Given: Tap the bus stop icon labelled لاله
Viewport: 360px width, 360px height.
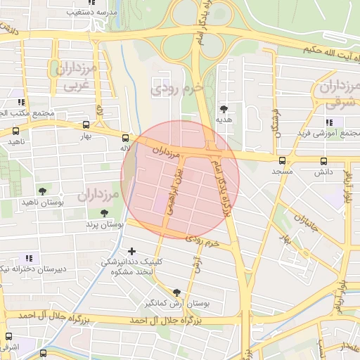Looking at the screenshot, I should [x=125, y=138].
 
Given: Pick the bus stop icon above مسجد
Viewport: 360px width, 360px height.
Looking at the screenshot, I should [x=283, y=160].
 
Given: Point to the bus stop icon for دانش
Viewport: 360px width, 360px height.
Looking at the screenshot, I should [x=323, y=160].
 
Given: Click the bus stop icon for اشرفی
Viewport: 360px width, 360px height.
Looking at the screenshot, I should [x=8, y=336].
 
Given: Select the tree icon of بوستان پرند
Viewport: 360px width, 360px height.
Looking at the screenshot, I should [x=104, y=212].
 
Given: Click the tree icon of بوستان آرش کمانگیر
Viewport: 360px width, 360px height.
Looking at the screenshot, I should [x=176, y=292].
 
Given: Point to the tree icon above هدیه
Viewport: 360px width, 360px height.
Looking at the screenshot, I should [x=224, y=109].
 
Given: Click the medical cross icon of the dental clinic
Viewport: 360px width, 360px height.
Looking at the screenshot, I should [x=131, y=251].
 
